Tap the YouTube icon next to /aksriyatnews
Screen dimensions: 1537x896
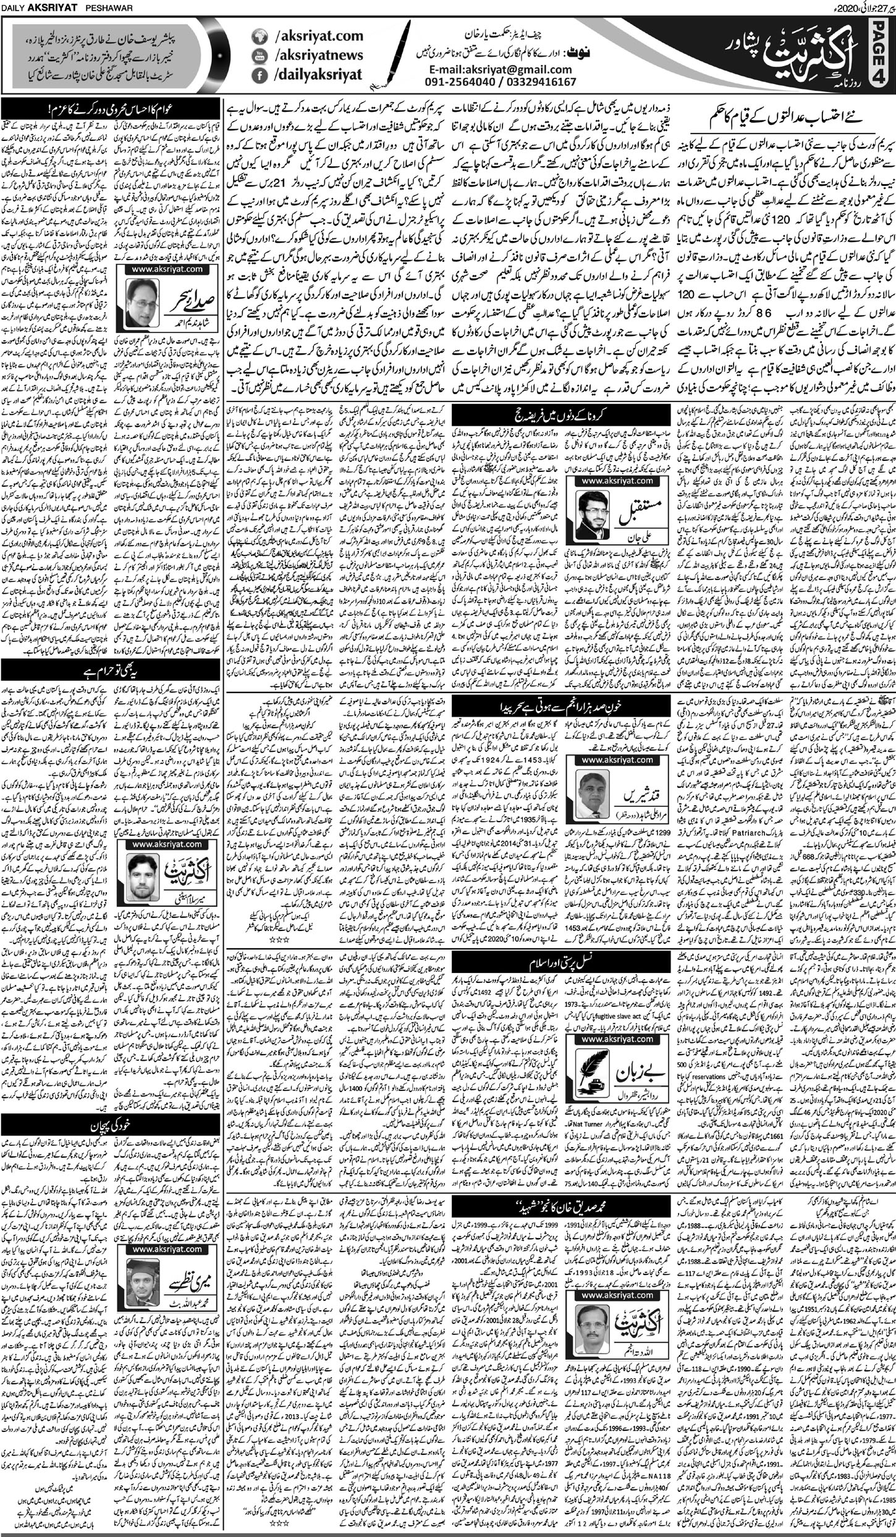pyautogui.click(x=258, y=56)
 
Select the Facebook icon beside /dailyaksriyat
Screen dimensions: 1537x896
pyautogui.click(x=258, y=75)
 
